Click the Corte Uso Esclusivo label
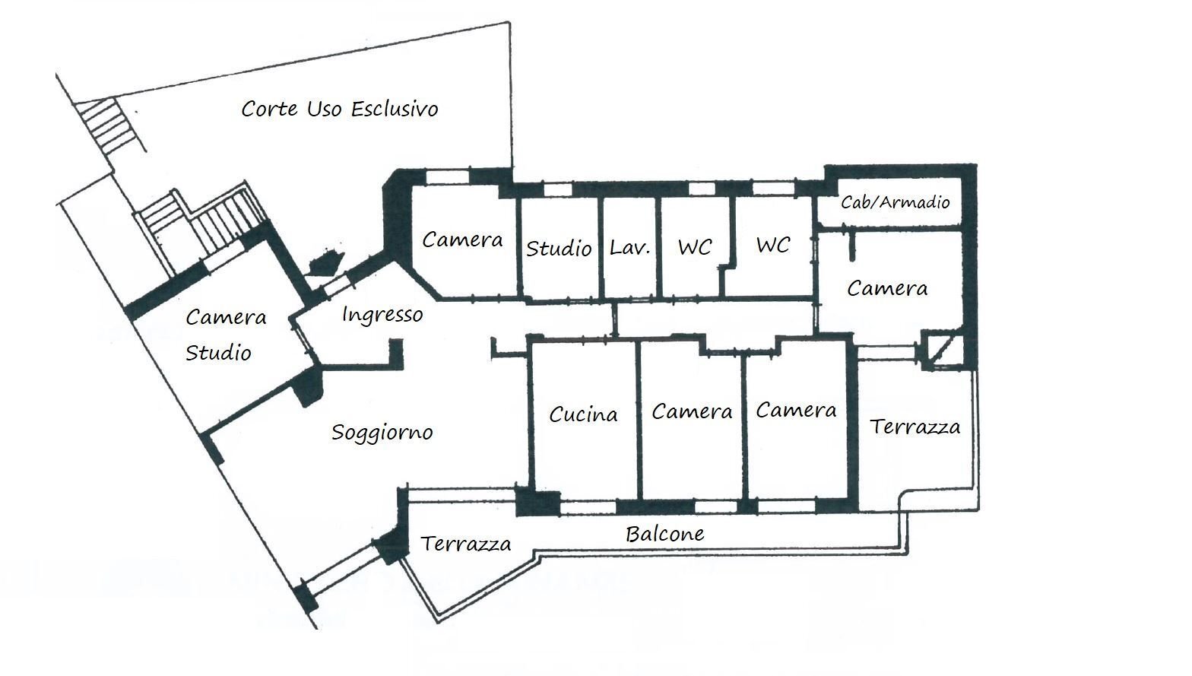pyautogui.click(x=340, y=109)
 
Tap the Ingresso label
pyautogui.click(x=382, y=314)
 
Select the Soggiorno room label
pyautogui.click(x=382, y=433)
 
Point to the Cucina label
pyautogui.click(x=583, y=414)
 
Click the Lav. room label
pyautogui.click(x=629, y=247)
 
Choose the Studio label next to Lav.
pyautogui.click(x=559, y=248)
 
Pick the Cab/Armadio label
pyautogui.click(x=896, y=202)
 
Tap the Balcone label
pyautogui.click(x=664, y=534)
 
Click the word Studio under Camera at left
pyautogui.click(x=218, y=353)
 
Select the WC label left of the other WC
pyautogui.click(x=695, y=247)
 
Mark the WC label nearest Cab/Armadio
pyautogui.click(x=773, y=245)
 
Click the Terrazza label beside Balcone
pyautogui.click(x=465, y=544)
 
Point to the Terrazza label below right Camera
pyautogui.click(x=915, y=427)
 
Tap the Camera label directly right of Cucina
pyautogui.click(x=692, y=411)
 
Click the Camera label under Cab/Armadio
pyautogui.click(x=887, y=288)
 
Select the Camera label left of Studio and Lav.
pyautogui.click(x=462, y=240)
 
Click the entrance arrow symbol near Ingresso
pyautogui.click(x=323, y=262)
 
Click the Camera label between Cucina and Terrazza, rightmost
pyautogui.click(x=796, y=411)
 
